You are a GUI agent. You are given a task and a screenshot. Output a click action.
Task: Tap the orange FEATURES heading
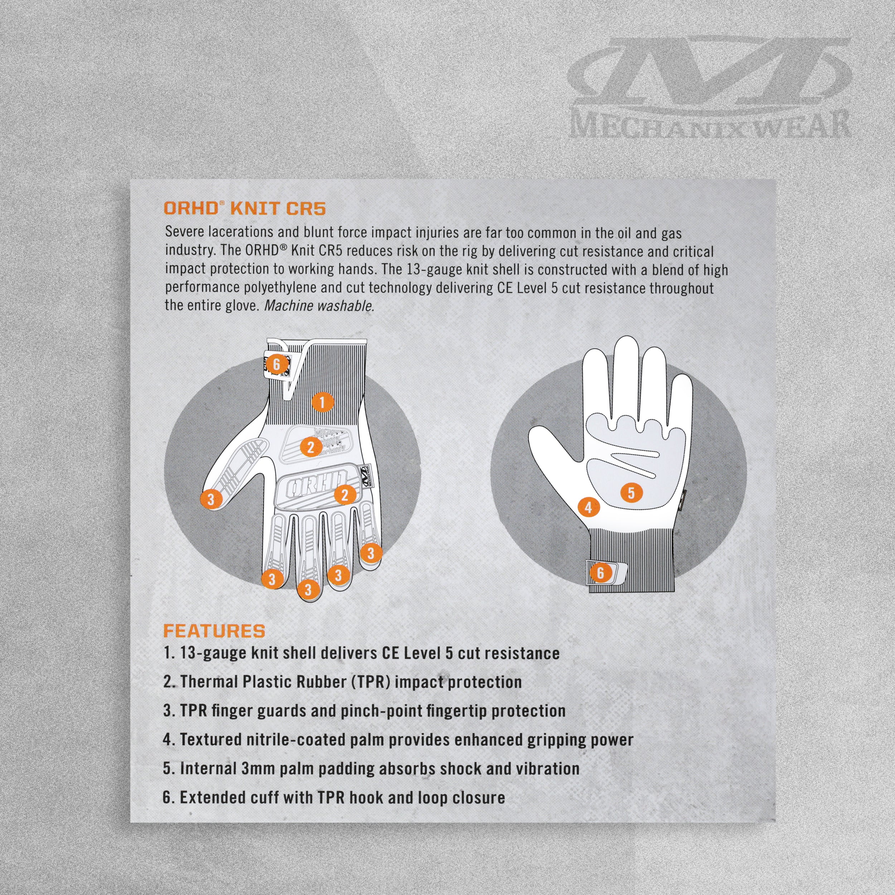pos(214,631)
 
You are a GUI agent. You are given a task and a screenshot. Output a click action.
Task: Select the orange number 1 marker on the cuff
pos(323,402)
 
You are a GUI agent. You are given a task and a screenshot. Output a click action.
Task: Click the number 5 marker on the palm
pos(631,493)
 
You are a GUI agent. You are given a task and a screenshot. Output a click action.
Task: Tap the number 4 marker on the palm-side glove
pos(588,508)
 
